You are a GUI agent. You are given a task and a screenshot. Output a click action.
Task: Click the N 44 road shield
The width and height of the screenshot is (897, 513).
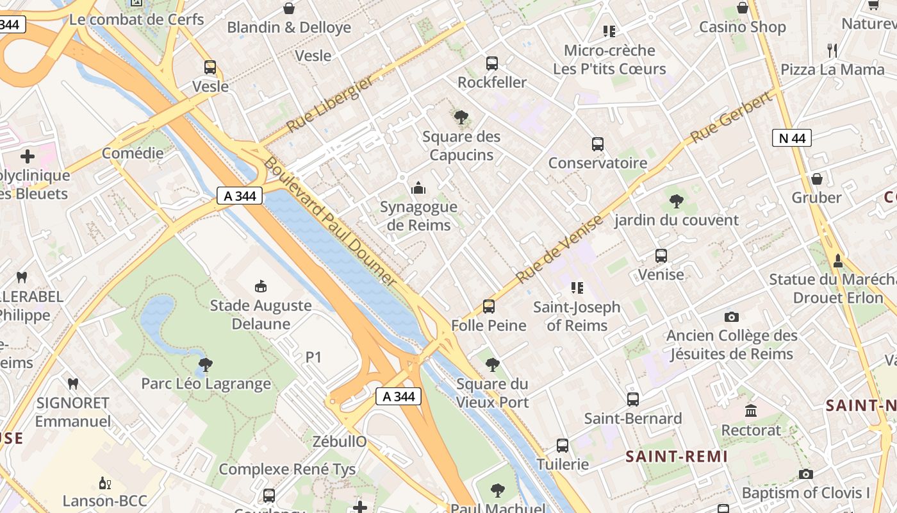[x=791, y=138]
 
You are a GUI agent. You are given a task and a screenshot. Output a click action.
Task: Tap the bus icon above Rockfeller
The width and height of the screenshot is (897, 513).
[x=491, y=63]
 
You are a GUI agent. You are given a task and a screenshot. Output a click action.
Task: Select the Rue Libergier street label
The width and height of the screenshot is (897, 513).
[x=329, y=104]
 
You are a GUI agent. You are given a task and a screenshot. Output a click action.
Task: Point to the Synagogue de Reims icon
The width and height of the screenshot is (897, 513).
[x=418, y=188]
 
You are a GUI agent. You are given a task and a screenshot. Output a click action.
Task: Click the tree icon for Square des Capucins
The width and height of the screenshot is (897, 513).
[x=461, y=117]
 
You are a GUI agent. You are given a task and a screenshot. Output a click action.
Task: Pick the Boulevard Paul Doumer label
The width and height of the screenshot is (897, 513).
[x=331, y=221]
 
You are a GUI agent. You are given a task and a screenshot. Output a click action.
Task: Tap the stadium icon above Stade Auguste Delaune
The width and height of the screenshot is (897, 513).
[x=261, y=286]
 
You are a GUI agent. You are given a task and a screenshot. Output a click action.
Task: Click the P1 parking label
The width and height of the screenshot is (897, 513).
[x=313, y=357]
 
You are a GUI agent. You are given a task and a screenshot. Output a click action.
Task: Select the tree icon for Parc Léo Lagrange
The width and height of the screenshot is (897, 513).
[x=205, y=365]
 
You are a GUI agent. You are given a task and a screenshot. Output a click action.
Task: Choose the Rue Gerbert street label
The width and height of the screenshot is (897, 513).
[x=731, y=117]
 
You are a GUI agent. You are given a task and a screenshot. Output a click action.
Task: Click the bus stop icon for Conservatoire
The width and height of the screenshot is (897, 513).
[x=597, y=144]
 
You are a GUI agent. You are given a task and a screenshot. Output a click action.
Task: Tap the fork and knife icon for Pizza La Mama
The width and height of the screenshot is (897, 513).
[x=832, y=50]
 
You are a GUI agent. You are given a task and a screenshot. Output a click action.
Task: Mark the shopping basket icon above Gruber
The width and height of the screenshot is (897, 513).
[x=816, y=179]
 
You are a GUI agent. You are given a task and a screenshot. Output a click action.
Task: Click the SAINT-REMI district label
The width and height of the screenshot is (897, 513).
[x=677, y=457]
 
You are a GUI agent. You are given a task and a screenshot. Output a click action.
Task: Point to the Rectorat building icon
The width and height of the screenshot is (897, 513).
[x=751, y=410]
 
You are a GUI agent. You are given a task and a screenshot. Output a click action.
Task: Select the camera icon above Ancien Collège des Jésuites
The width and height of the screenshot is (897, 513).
[x=731, y=317]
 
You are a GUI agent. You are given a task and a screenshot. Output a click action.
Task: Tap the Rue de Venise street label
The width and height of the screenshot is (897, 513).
[x=559, y=249]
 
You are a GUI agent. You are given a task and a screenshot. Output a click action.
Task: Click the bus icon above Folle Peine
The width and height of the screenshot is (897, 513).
[x=489, y=307]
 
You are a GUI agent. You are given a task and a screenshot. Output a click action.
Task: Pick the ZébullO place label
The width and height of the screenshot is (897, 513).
[x=340, y=441]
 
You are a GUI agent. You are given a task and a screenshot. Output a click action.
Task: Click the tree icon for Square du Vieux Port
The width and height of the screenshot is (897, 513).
[x=492, y=365]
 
